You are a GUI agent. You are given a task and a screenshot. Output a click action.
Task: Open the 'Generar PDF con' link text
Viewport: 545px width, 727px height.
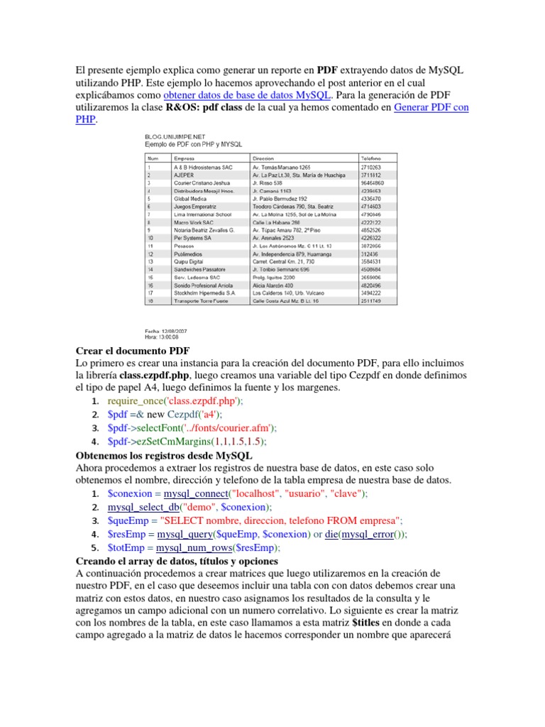431,108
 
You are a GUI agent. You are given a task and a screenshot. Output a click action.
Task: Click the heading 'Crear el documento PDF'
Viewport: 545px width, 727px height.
132,351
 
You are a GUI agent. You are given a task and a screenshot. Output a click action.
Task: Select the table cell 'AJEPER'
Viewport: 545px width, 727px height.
185,175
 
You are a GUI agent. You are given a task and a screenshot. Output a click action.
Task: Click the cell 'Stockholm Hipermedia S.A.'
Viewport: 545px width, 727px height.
204,292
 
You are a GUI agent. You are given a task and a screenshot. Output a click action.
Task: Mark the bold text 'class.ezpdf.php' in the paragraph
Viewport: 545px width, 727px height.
155,375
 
